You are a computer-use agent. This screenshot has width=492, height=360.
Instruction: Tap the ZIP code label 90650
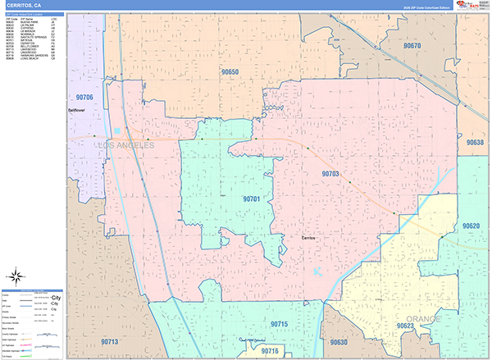[x=229, y=73]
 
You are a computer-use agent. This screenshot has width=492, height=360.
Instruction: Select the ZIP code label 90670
[x=412, y=46]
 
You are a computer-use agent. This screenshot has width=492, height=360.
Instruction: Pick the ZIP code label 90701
[x=251, y=198]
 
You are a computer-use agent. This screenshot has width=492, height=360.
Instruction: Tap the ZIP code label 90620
[x=471, y=226]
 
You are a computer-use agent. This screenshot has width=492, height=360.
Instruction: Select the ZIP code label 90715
[x=280, y=326]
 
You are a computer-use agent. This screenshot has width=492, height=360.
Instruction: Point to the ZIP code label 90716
[x=270, y=351]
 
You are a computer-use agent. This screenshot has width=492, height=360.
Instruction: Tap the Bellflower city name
[x=76, y=109]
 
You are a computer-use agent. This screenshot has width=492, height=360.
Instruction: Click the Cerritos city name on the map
[x=308, y=238]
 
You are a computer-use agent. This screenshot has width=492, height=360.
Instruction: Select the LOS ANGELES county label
[x=125, y=145]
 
